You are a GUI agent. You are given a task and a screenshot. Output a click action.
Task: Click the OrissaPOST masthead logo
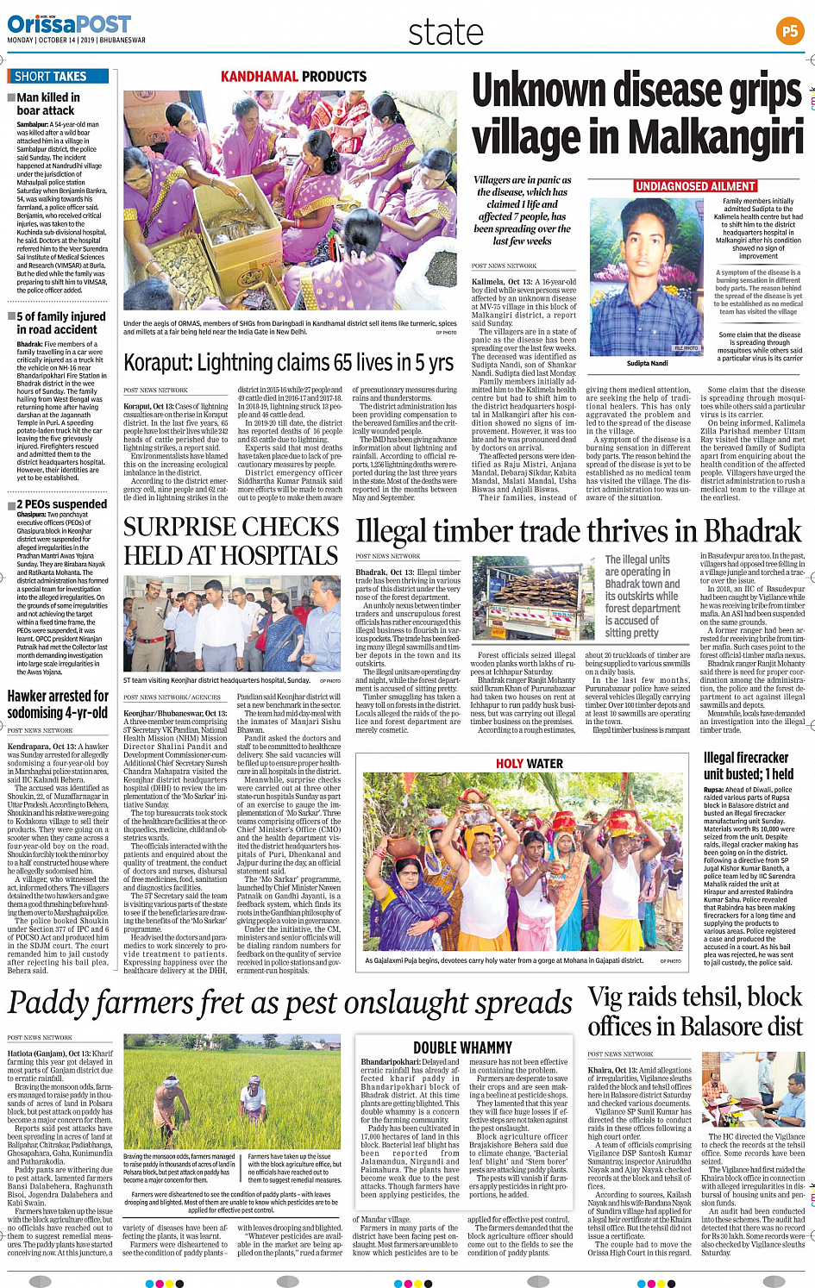pos(69,23)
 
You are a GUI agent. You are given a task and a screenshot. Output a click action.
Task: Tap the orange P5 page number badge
pos(789,32)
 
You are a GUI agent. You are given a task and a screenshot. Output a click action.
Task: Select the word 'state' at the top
pos(445,33)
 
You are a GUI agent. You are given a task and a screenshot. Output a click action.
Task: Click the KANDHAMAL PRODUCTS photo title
pos(293,77)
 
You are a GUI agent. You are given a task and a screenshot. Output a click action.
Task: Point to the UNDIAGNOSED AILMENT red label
pos(695,186)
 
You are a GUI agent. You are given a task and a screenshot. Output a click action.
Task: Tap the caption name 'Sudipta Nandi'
pos(647,363)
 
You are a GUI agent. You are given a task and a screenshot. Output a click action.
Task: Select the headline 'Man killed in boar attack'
pos(48,103)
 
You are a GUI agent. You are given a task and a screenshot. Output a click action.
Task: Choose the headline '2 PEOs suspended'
pos(62,503)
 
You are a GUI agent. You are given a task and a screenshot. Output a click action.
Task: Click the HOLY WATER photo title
pos(529,764)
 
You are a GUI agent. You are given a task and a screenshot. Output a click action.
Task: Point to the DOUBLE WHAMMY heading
pos(462,1047)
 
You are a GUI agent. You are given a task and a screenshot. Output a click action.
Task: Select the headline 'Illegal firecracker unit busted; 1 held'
pos(748,766)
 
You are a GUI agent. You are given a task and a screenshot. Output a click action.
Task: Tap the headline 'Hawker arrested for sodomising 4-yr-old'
pos(58,703)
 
